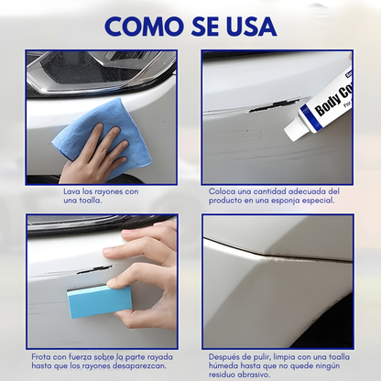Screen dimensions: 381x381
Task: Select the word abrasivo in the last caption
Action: point(252,373)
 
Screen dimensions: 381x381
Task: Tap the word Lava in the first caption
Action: point(71,190)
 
